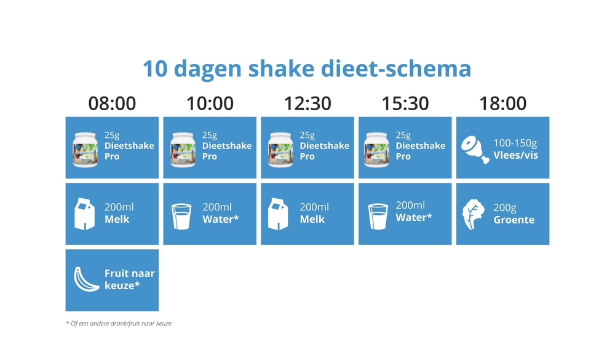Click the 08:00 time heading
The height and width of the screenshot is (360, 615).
pyautogui.click(x=112, y=103)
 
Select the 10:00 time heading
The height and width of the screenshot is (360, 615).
pyautogui.click(x=210, y=103)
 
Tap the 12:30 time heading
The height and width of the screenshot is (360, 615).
pyautogui.click(x=307, y=103)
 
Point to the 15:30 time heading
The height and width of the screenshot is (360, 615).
pyautogui.click(x=405, y=103)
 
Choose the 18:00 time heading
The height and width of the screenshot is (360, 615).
pyautogui.click(x=503, y=103)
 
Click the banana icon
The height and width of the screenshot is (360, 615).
pyautogui.click(x=86, y=279)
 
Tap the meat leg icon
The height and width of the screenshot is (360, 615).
pyautogui.click(x=475, y=150)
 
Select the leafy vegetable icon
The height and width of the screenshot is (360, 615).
pyautogui.click(x=474, y=214)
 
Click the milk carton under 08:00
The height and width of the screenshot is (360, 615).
pyautogui.click(x=84, y=214)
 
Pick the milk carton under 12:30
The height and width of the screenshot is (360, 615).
pyautogui.click(x=278, y=214)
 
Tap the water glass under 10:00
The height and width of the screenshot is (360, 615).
pyautogui.click(x=181, y=217)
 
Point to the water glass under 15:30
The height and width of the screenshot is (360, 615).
pyautogui.click(x=378, y=217)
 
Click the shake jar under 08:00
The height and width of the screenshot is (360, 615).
pyautogui.click(x=85, y=150)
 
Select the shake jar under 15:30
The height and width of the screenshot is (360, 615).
pyautogui.click(x=376, y=150)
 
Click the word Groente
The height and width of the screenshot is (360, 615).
pyautogui.click(x=514, y=220)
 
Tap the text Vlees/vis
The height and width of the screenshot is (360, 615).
pyautogui.click(x=516, y=155)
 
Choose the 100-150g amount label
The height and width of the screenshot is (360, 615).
pyautogui.click(x=515, y=143)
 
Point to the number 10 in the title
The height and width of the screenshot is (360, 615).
pyautogui.click(x=156, y=69)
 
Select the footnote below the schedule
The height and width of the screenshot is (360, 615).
pyautogui.click(x=119, y=324)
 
